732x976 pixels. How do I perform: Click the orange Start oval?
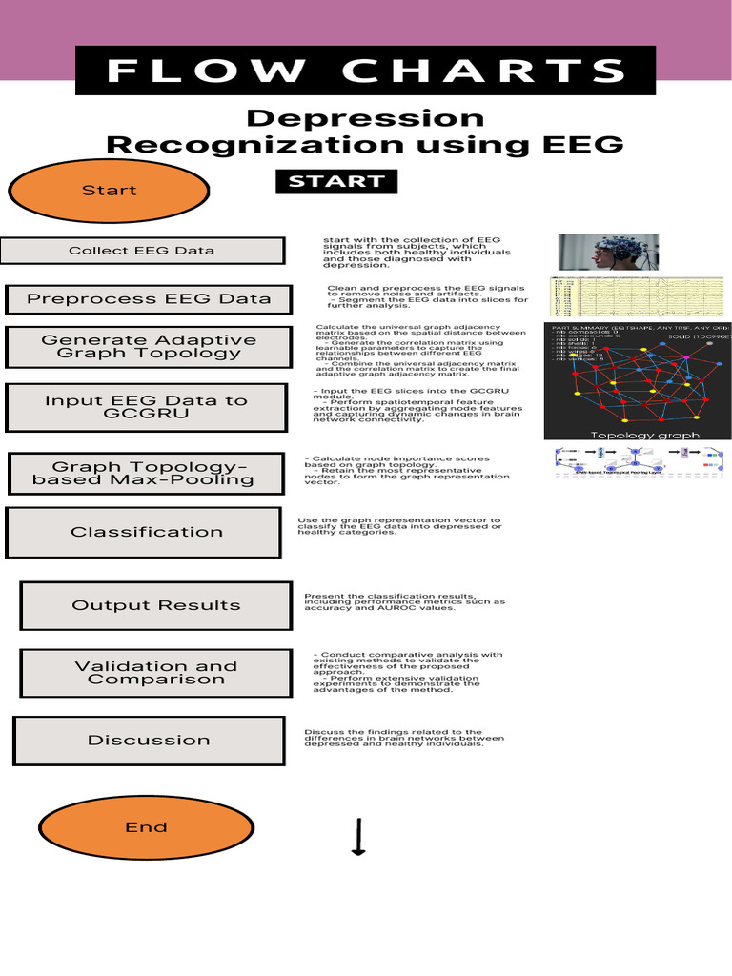[109, 191]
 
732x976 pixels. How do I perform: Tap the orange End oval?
[146, 827]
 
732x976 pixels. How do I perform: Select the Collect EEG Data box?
[142, 251]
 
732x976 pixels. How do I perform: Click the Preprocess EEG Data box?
[148, 298]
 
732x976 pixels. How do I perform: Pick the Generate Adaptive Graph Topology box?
[148, 346]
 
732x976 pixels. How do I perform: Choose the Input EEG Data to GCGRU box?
[146, 407]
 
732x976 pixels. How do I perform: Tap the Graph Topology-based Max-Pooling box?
[146, 474]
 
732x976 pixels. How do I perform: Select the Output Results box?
[156, 605]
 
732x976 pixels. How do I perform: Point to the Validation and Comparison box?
[155, 673]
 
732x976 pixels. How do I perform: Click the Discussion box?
[149, 740]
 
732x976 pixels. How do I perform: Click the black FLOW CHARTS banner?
[365, 71]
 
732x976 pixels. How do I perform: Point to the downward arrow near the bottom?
[358, 836]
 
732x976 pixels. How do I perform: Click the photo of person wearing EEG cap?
[607, 252]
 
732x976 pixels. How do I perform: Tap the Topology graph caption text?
[644, 436]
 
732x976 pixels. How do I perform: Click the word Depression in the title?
[365, 119]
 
